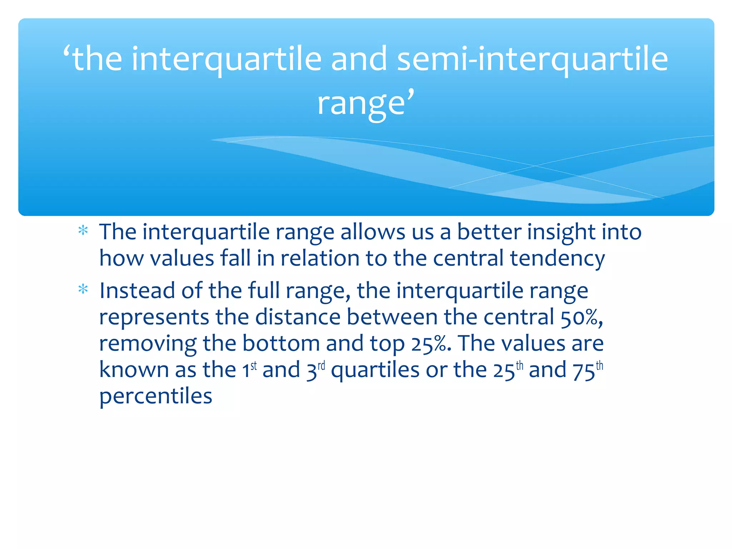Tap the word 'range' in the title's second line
361,104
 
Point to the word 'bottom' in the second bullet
281,343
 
